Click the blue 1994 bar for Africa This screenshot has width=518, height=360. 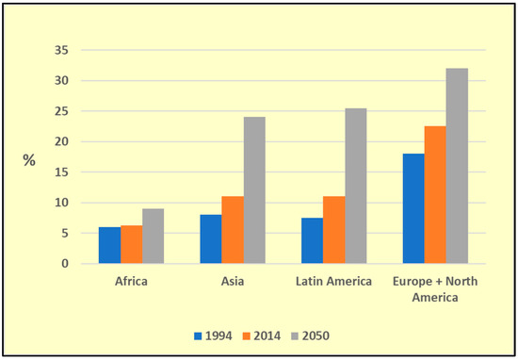point(109,245)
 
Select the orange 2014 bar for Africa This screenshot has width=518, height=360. point(131,244)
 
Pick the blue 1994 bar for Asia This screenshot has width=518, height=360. point(211,239)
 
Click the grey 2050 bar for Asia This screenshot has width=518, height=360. point(254,190)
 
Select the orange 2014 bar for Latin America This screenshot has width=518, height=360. point(334,230)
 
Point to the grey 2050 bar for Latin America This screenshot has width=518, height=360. point(356,186)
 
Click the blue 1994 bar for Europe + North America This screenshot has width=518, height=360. point(413,208)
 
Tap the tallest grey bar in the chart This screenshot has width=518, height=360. point(457,166)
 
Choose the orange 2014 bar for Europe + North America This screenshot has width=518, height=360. point(435,195)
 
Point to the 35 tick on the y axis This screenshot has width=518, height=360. point(61,51)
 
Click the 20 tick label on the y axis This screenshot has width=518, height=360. point(61,142)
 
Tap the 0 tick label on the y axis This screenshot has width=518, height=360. point(65,264)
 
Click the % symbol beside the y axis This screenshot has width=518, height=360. point(29,160)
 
